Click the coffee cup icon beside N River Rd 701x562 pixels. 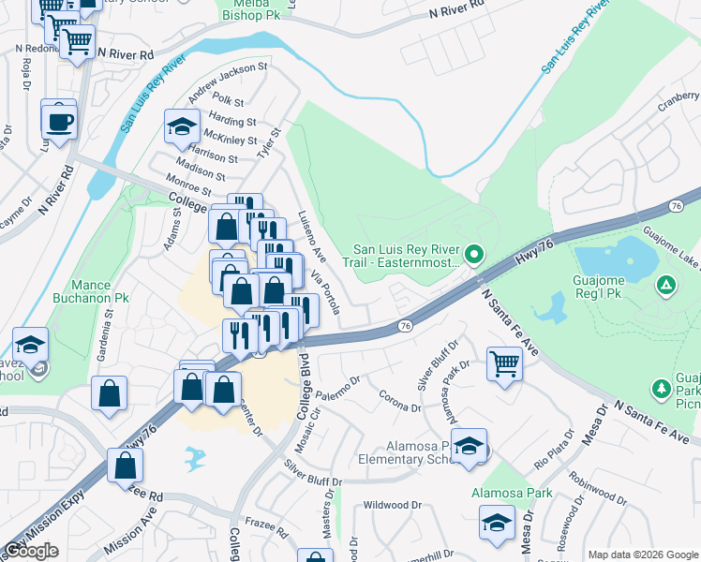58,121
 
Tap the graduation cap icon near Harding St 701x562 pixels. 182,129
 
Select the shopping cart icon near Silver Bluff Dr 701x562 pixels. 504,363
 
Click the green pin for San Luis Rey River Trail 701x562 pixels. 474,254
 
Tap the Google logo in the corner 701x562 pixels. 31,551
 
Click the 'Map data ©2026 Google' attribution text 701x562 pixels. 643,555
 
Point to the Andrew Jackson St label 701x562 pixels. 228,81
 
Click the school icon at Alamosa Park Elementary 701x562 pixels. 469,447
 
